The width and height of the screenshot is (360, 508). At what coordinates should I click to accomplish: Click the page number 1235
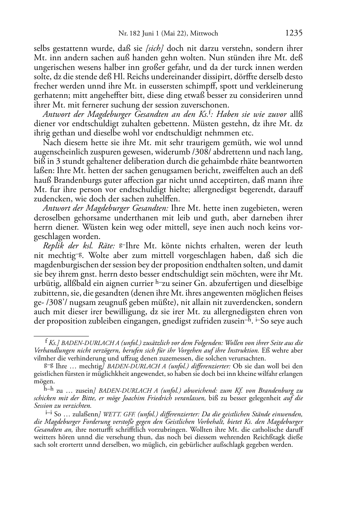pos(294,33)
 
